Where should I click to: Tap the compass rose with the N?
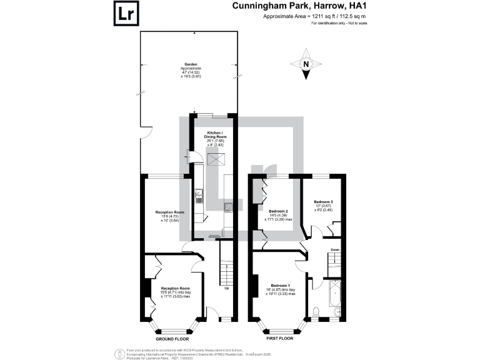pos(306,64)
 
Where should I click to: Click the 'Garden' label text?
pos(189,63)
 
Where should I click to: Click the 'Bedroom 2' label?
pos(278,211)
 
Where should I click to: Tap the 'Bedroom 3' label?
pos(323,202)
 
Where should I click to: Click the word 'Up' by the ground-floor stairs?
pos(226,288)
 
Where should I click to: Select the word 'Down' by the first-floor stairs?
pos(335,250)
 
